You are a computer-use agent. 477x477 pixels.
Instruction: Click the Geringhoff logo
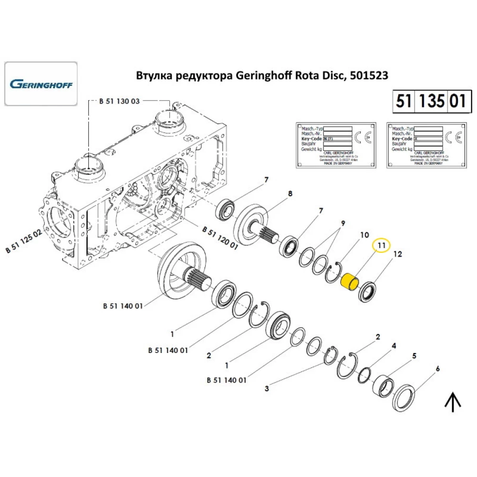pyautogui.click(x=41, y=84)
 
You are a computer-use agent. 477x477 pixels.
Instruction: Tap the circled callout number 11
pyautogui.click(x=381, y=246)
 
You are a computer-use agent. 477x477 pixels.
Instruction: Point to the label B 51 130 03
pyautogui.click(x=119, y=101)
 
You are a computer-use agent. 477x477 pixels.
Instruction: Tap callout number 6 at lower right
pyautogui.click(x=437, y=369)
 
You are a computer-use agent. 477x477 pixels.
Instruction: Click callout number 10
pyautogui.click(x=364, y=235)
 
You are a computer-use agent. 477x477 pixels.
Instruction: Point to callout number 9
pyautogui.click(x=342, y=223)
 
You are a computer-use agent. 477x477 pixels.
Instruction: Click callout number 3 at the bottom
pyautogui.click(x=267, y=389)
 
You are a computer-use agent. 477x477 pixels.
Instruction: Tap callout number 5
pyautogui.click(x=414, y=355)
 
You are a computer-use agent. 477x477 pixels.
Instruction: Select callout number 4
pyautogui.click(x=394, y=345)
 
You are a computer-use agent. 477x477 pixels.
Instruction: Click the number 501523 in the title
pyautogui.click(x=368, y=75)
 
